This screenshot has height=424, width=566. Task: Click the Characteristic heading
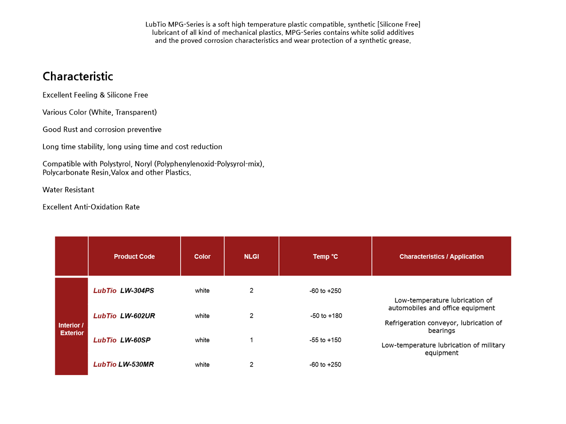(78, 76)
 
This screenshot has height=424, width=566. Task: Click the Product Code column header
(134, 257)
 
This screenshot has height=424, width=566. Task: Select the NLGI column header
(251, 257)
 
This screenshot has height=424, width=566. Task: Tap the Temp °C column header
(325, 257)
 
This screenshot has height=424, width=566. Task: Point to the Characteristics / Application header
(441, 257)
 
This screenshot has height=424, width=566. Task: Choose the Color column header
(202, 257)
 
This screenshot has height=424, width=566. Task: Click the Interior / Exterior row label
(71, 329)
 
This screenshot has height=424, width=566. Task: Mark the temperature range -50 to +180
(326, 316)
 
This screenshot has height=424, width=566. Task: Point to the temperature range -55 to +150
(325, 340)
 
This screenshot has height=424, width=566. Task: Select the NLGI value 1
(251, 340)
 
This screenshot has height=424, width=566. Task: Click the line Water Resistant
(68, 190)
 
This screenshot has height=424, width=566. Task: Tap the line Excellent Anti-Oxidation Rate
(91, 207)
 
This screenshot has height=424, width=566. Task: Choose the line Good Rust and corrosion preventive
(102, 130)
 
